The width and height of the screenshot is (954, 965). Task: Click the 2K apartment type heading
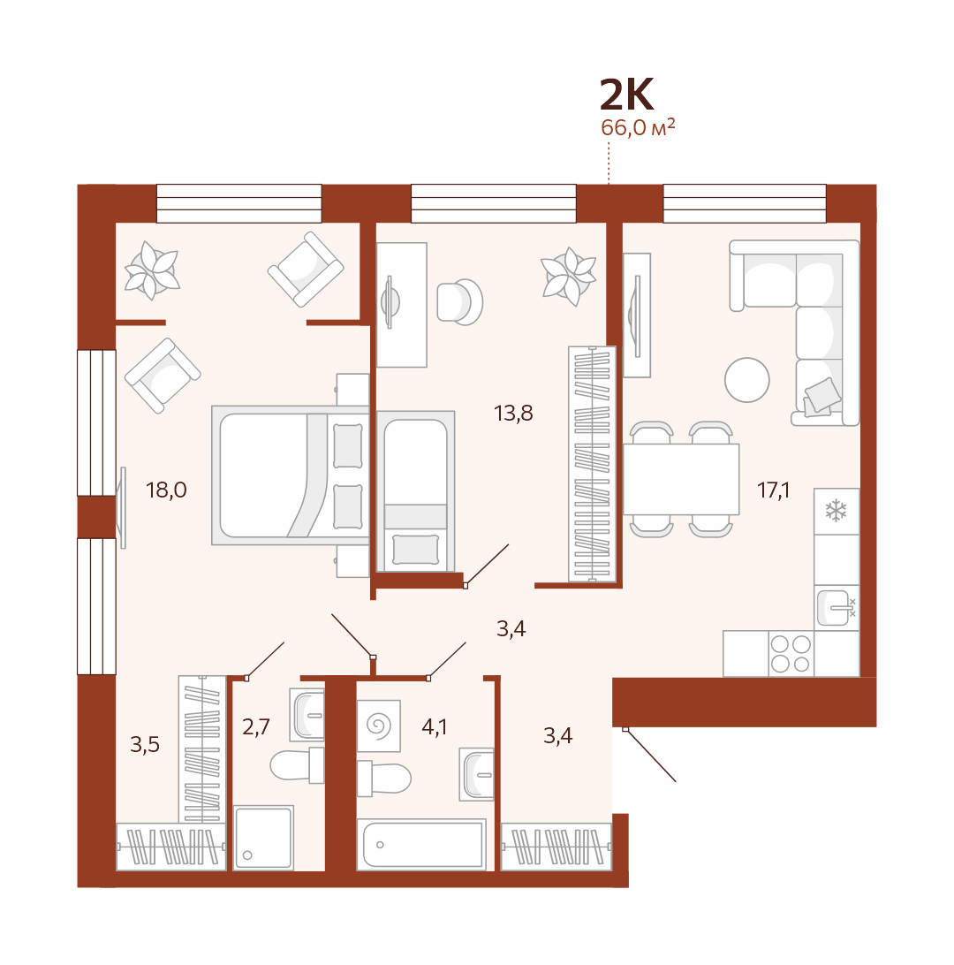[x=626, y=95]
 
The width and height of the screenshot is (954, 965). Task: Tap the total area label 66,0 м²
[x=638, y=127]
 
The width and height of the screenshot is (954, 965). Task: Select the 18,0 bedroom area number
[x=166, y=490]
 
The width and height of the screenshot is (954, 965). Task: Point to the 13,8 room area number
[x=513, y=413]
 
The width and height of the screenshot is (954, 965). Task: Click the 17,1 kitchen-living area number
[x=773, y=490]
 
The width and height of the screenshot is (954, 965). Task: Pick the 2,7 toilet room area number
[x=256, y=726]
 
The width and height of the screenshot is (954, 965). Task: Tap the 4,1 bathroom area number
[x=435, y=726]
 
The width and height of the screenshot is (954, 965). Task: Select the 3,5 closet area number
[x=145, y=745]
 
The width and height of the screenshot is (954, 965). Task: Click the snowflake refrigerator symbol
[x=836, y=511]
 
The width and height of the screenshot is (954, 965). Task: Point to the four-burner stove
[x=791, y=654]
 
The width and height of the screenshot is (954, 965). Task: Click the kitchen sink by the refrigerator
[x=836, y=607]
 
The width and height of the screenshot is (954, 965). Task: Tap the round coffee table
[x=746, y=380]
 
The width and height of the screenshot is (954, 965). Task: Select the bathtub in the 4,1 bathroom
[x=422, y=845]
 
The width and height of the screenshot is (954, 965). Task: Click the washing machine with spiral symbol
[x=379, y=725]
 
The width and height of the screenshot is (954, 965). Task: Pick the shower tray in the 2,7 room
[x=264, y=837]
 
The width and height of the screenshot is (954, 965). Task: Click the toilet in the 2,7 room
[x=297, y=765]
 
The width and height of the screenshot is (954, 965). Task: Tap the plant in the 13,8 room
[x=569, y=277]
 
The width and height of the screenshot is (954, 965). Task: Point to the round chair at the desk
[x=460, y=301]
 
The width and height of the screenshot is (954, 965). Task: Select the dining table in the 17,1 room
[x=681, y=480]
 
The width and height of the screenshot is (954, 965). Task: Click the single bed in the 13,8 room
[x=416, y=491]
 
